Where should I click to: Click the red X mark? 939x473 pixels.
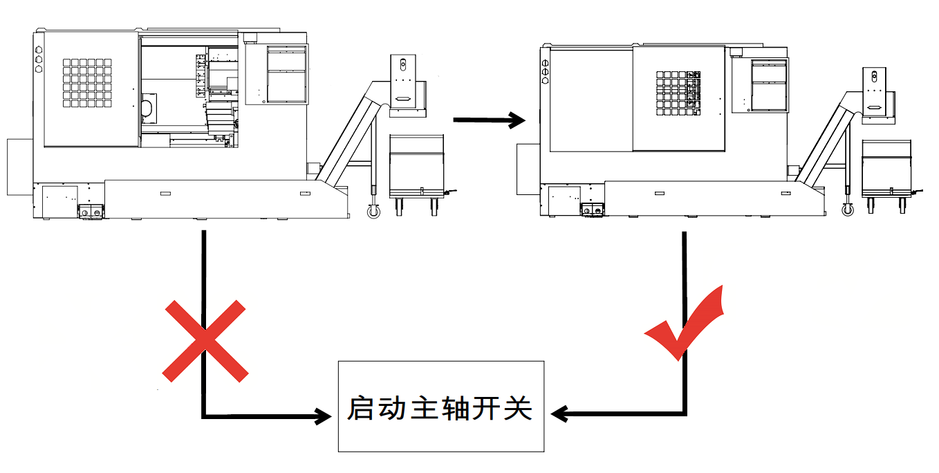click(205, 341)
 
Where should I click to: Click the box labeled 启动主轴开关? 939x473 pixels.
click(440, 406)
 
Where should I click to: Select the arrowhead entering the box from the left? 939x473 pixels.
click(321, 416)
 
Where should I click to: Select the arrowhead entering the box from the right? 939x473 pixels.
click(561, 414)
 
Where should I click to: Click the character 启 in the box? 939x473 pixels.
click(360, 408)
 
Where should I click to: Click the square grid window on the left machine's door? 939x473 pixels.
click(86, 83)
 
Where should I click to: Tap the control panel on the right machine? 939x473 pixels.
click(769, 85)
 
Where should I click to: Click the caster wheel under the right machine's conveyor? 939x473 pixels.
click(848, 208)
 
